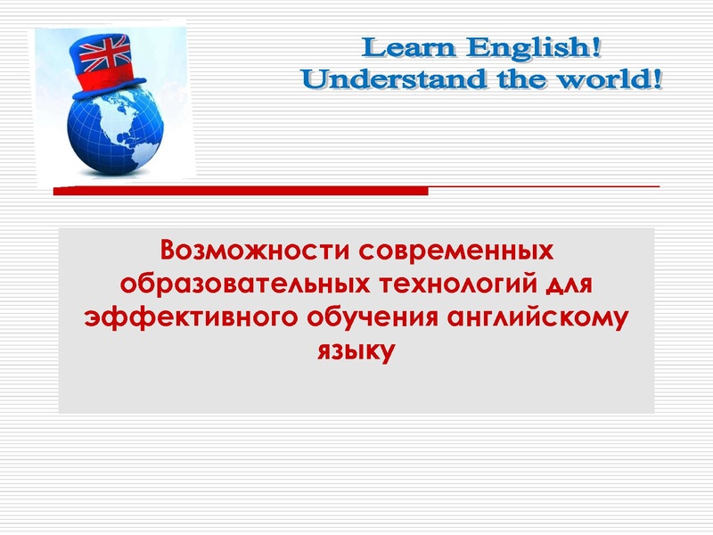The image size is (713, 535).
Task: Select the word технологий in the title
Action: click(x=463, y=284)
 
